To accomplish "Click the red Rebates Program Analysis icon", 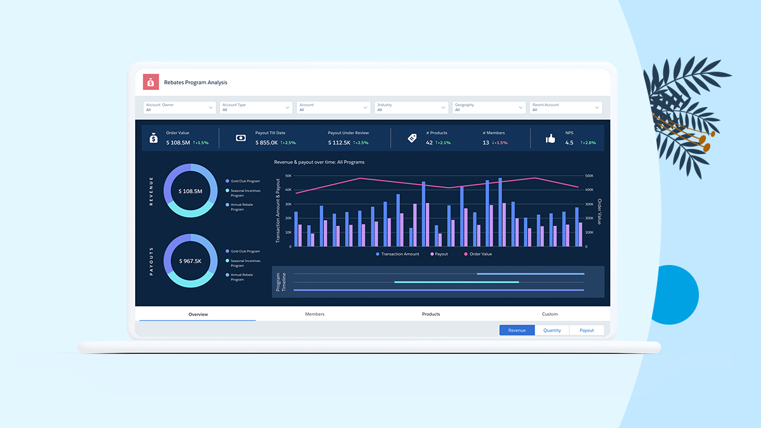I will pyautogui.click(x=151, y=82).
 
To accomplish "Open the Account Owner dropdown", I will pyautogui.click(x=179, y=107).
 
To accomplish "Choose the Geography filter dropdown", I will pyautogui.click(x=489, y=107).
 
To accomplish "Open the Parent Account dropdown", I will pyautogui.click(x=566, y=107).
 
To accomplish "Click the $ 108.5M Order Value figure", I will pyautogui.click(x=178, y=143).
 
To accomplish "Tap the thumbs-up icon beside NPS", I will pyautogui.click(x=550, y=138).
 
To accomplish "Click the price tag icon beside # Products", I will pyautogui.click(x=412, y=138).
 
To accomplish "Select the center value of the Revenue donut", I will pyautogui.click(x=190, y=191).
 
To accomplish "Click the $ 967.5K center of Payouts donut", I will pyautogui.click(x=190, y=261).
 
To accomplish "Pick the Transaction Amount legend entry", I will pyautogui.click(x=398, y=254).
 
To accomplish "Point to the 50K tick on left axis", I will pyautogui.click(x=288, y=176).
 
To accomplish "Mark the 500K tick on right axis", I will pyautogui.click(x=589, y=176).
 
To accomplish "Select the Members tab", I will pyautogui.click(x=315, y=314).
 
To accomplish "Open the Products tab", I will pyautogui.click(x=431, y=314).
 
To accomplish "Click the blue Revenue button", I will pyautogui.click(x=517, y=330).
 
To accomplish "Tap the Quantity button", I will pyautogui.click(x=552, y=330).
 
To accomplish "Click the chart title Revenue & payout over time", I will pyautogui.click(x=319, y=162).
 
